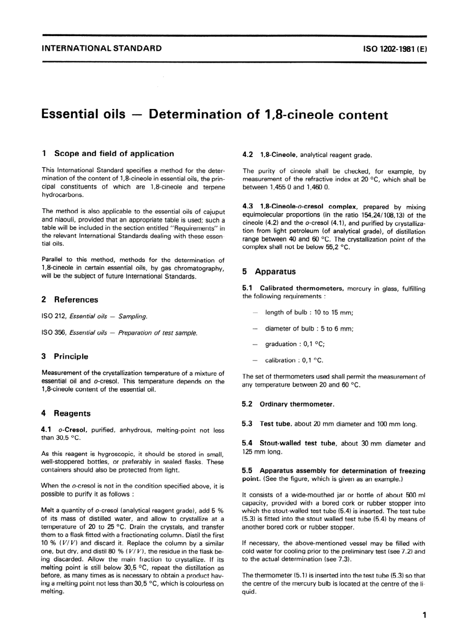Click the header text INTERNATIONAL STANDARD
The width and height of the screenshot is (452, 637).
[101, 48]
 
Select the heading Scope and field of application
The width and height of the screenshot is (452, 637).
[114, 154]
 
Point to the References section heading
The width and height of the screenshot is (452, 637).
[76, 300]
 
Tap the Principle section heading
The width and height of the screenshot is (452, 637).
[71, 356]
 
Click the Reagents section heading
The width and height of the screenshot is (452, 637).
[72, 413]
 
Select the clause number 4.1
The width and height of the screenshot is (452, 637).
[47, 430]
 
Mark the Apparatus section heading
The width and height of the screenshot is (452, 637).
[275, 272]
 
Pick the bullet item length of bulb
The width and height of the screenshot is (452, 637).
[309, 313]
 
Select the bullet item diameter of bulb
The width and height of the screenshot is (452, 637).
[309, 329]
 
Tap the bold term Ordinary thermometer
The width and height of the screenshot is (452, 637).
[297, 404]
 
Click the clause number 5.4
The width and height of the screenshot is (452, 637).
[247, 443]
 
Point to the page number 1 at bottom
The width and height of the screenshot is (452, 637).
[424, 616]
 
